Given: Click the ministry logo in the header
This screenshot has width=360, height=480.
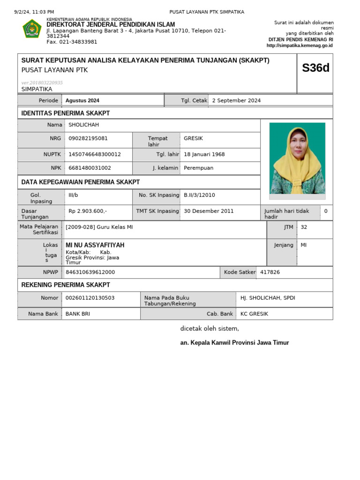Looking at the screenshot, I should click(x=32, y=29).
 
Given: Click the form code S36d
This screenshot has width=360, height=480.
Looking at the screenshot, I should click(x=315, y=68).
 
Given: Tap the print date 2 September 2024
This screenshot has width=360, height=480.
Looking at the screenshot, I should click(x=236, y=100).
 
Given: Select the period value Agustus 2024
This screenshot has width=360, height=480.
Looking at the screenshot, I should click(x=82, y=100).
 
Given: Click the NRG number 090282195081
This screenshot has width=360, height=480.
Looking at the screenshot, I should click(x=88, y=138).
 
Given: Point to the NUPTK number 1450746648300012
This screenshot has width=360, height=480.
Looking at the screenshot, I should click(x=95, y=154).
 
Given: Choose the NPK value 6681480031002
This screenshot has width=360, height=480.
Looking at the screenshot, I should click(x=90, y=168).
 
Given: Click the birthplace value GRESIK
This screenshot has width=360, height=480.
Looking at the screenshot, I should click(x=194, y=138).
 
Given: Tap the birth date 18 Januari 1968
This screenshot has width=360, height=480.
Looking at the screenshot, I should click(x=204, y=154).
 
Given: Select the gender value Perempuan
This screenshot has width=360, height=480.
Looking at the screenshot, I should click(x=199, y=168).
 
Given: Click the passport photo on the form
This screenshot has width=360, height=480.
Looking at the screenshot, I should click(x=297, y=158).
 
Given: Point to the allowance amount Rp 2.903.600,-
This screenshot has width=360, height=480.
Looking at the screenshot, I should click(x=88, y=211).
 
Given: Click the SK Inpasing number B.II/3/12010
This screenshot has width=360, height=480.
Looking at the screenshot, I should click(x=200, y=195).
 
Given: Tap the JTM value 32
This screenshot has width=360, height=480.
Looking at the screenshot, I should click(x=304, y=227).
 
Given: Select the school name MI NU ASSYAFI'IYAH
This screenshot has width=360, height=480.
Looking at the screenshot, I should click(x=95, y=245).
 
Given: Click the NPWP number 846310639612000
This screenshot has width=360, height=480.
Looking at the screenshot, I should click(x=90, y=272).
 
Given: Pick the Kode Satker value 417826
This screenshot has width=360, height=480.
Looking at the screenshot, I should click(x=270, y=272).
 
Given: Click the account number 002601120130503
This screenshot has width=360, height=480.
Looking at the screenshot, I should click(x=90, y=298).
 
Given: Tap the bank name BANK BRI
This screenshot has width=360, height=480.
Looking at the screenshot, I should click(x=78, y=314).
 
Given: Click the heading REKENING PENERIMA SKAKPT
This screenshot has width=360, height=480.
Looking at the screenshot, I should click(x=66, y=285).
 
